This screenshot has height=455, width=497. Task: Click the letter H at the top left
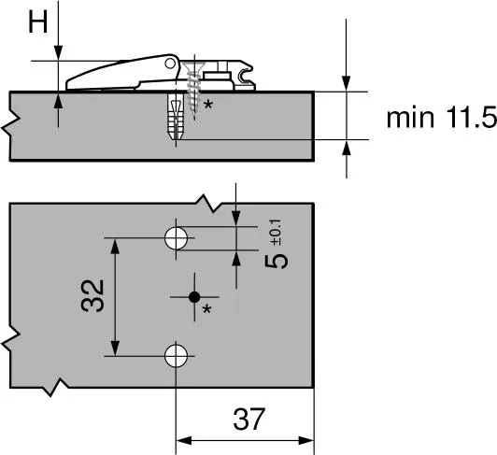(35, 21)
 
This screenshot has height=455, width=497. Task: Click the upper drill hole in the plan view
(175, 237)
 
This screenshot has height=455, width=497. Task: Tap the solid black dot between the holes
(193, 296)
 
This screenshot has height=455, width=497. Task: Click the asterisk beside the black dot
(208, 309)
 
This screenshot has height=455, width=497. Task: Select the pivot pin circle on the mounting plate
(170, 64)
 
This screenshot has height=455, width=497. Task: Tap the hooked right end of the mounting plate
(248, 75)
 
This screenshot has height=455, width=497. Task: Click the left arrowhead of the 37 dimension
(182, 440)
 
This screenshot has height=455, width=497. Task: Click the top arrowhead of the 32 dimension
(115, 245)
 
